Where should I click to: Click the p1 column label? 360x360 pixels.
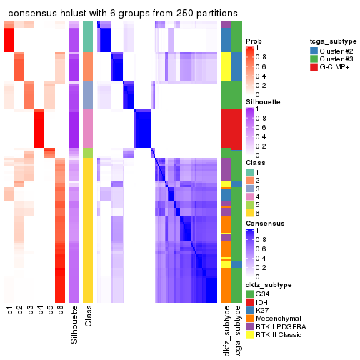[10, 311]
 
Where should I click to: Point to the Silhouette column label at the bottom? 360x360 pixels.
[74, 325]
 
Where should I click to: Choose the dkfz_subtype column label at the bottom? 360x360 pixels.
[226, 331]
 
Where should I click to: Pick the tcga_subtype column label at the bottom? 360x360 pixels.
[236, 331]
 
